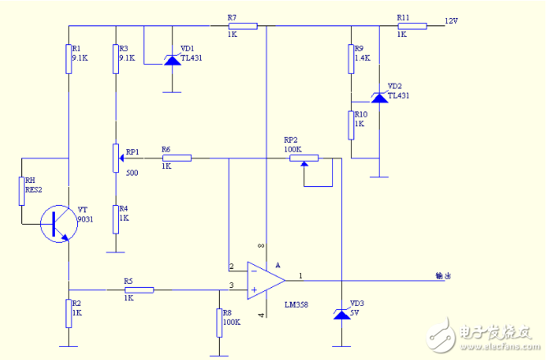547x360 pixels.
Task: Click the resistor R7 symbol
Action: coord(243,26)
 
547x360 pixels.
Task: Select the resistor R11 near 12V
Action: coord(413,26)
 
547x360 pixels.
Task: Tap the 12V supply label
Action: coord(451,20)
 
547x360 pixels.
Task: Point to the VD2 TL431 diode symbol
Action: coord(379,97)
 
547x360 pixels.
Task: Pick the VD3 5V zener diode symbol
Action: coord(341,313)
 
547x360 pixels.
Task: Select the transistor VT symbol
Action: coord(57,222)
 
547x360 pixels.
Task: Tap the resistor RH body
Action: coord(21,190)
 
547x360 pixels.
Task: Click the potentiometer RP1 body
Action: coord(116,157)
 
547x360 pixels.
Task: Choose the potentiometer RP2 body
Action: coord(303,158)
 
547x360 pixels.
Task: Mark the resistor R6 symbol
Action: coord(176,157)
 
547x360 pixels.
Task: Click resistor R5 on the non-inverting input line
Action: coord(139,289)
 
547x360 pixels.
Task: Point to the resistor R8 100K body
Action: coord(219,321)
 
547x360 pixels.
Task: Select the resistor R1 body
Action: coord(69,58)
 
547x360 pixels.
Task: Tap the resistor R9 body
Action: coord(351,57)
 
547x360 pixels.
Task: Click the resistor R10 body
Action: coord(351,124)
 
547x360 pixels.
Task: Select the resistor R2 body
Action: coord(69,312)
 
